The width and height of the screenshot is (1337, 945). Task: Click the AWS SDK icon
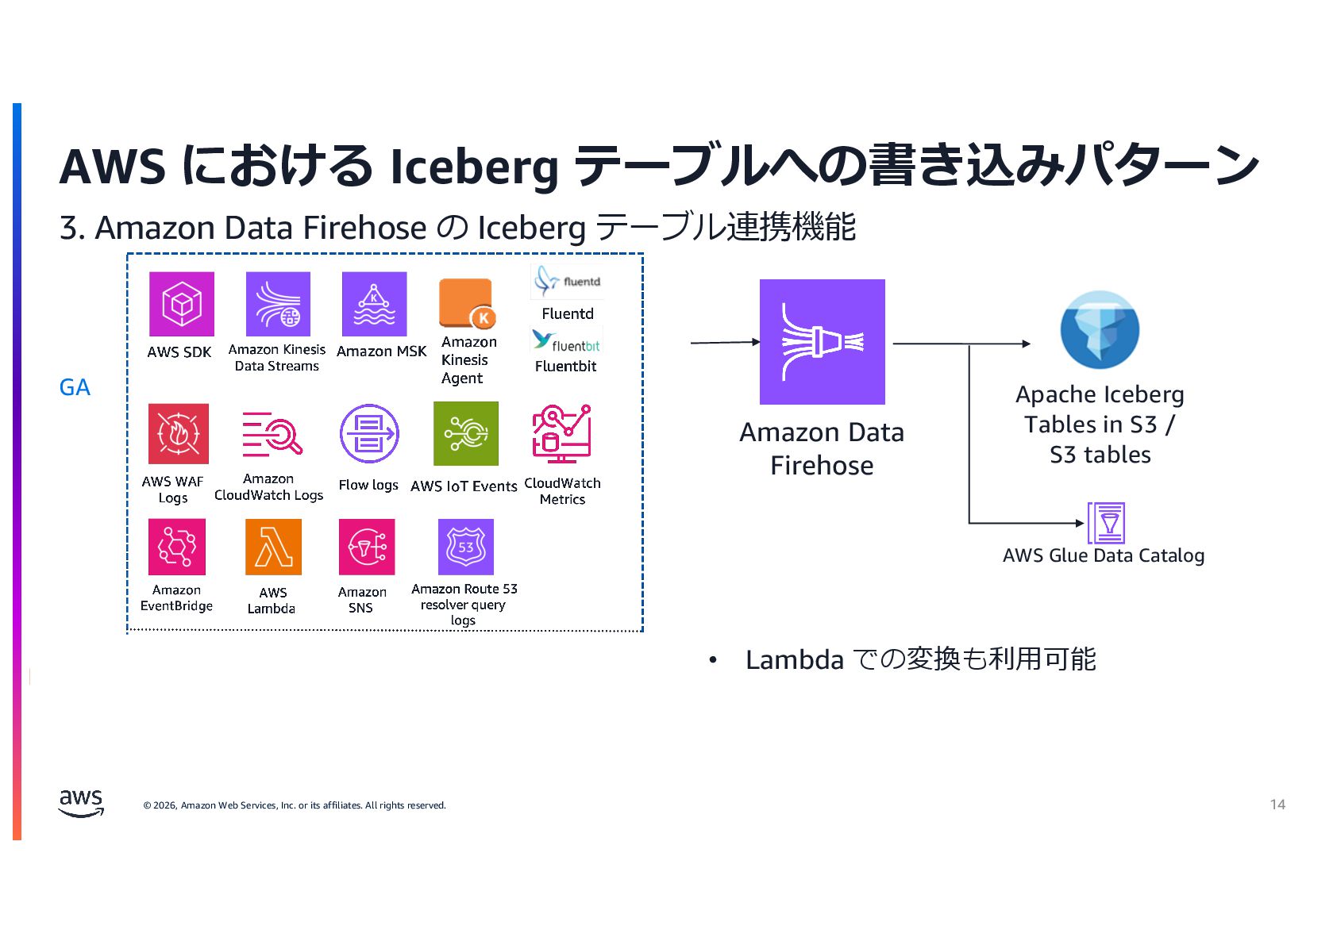click(181, 304)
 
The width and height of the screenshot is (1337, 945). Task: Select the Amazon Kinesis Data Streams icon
click(278, 304)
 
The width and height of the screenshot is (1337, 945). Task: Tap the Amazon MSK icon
click(374, 304)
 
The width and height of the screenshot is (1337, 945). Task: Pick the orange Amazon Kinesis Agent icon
click(467, 304)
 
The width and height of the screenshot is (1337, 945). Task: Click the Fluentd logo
click(567, 282)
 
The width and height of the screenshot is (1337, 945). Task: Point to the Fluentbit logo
click(566, 341)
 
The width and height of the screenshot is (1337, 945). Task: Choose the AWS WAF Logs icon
click(179, 433)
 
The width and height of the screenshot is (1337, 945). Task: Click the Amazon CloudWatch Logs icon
click(272, 433)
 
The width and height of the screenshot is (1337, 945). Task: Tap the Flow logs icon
click(369, 433)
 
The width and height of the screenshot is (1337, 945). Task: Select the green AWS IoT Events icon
click(466, 433)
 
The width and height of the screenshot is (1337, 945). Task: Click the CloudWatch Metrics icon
click(561, 433)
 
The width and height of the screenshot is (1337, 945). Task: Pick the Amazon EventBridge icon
click(177, 547)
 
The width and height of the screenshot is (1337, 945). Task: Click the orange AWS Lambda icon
click(273, 547)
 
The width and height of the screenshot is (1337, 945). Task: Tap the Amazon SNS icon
click(367, 547)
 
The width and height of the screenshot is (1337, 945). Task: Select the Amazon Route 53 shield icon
click(466, 547)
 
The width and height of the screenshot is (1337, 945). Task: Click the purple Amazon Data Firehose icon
click(822, 342)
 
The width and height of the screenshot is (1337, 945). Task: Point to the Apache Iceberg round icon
click(1100, 330)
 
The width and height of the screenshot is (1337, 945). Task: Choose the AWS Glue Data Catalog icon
click(1106, 523)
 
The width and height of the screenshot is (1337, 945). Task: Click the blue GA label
click(75, 387)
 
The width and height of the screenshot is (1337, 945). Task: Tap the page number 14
click(1277, 805)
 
